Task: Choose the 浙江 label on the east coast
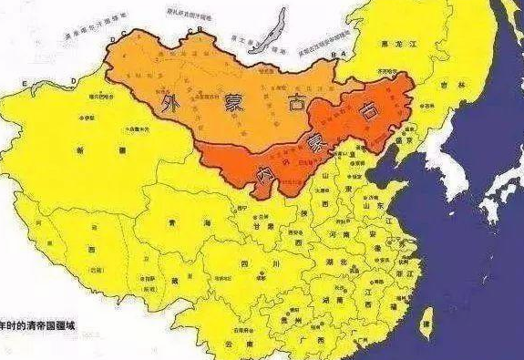(x=403, y=273)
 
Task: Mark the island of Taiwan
(x=426, y=318)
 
